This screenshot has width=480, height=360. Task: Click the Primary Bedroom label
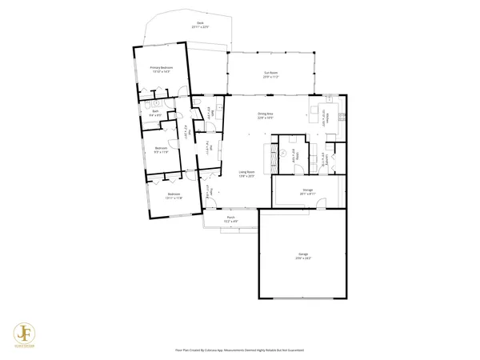coord(162,68)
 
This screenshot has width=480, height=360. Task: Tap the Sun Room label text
coord(270,73)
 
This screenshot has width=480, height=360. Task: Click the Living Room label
coord(246,172)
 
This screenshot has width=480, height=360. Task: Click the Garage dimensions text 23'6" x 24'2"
coord(303,258)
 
